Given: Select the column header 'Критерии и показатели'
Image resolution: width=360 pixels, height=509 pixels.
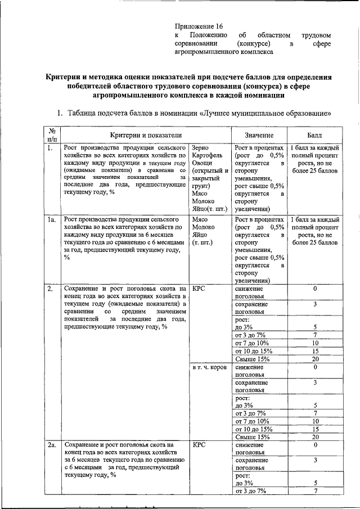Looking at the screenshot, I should click(146, 136).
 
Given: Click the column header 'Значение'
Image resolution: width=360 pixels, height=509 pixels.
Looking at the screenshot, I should click(259, 136).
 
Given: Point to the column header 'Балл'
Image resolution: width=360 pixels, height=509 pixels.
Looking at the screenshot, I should click(314, 136).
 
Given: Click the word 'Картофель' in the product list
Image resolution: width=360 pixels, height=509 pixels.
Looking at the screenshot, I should click(207, 156).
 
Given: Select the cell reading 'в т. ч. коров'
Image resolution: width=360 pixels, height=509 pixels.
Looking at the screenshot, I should click(209, 367).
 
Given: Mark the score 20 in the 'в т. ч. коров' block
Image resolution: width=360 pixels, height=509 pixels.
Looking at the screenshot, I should click(315, 437).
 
